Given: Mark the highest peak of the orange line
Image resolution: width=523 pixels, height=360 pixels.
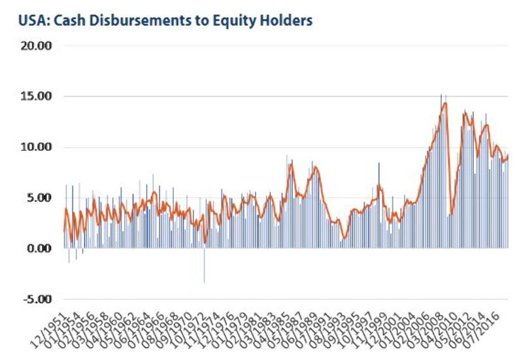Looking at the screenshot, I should point(445,103).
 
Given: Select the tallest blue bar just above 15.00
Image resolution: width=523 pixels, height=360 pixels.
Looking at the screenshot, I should point(441,95).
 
